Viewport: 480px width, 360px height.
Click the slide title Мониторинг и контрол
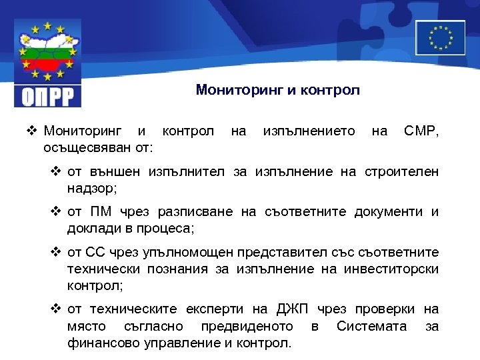click(277, 90)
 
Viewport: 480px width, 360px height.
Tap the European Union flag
click(440, 37)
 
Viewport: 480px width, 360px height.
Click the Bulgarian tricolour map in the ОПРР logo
click(47, 57)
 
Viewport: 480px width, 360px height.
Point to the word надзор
click(90, 188)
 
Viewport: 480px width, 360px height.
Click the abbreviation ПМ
click(99, 212)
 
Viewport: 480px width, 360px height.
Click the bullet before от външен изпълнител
click(57, 172)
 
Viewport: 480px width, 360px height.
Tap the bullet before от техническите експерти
click(57, 309)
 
